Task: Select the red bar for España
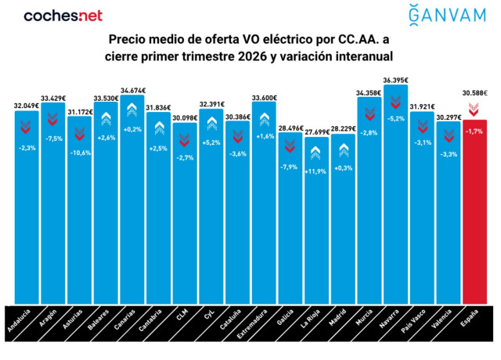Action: point(475,211)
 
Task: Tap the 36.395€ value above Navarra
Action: point(395,80)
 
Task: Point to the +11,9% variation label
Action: point(315,171)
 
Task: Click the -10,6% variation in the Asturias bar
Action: point(79,152)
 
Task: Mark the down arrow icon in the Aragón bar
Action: point(52,119)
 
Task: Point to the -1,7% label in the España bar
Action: point(475,132)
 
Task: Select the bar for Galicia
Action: point(290,219)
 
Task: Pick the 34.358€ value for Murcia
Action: point(369,92)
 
